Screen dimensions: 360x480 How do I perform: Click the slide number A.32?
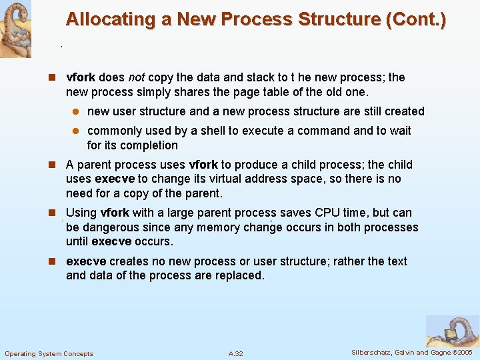[x=236, y=353]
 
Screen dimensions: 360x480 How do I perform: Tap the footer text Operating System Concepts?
[x=49, y=353]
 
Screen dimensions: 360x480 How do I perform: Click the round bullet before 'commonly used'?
[x=77, y=131]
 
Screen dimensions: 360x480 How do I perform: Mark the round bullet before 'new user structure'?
[x=77, y=112]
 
